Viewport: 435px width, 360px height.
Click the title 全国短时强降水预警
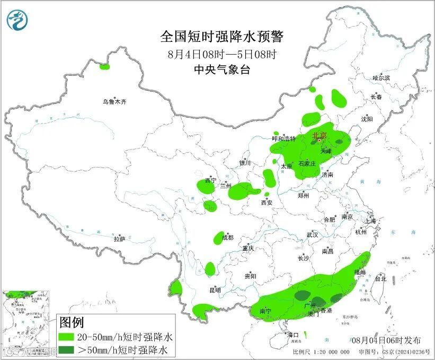223,37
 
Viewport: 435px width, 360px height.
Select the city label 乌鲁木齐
115,101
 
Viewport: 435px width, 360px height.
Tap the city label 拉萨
119,239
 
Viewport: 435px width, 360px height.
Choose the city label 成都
227,238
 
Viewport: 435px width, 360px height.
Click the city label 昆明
215,290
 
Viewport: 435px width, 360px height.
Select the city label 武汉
312,234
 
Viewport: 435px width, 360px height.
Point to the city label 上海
370,221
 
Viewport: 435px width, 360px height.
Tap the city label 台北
380,278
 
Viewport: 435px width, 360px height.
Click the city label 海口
293,335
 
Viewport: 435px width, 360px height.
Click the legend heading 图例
71,322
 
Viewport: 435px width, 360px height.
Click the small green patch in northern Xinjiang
104,67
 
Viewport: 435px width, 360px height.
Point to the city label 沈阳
367,119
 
